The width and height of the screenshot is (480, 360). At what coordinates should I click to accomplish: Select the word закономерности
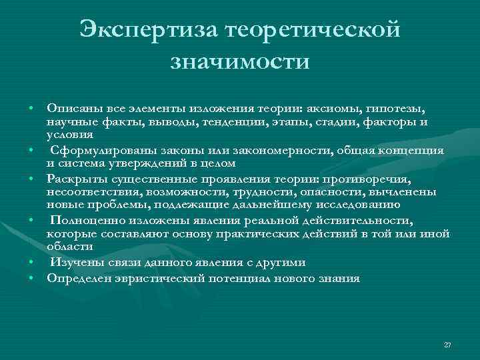(x=258, y=150)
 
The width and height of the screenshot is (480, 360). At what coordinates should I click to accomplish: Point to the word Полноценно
(x=83, y=221)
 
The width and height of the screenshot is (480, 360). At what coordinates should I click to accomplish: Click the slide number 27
(x=447, y=344)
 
